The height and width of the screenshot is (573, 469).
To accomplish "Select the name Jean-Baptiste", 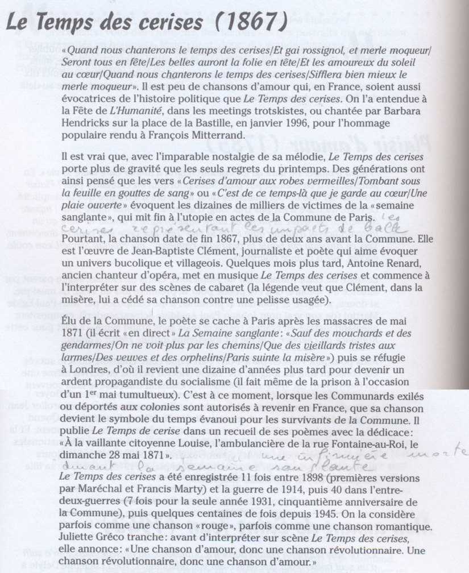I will click(150, 247).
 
